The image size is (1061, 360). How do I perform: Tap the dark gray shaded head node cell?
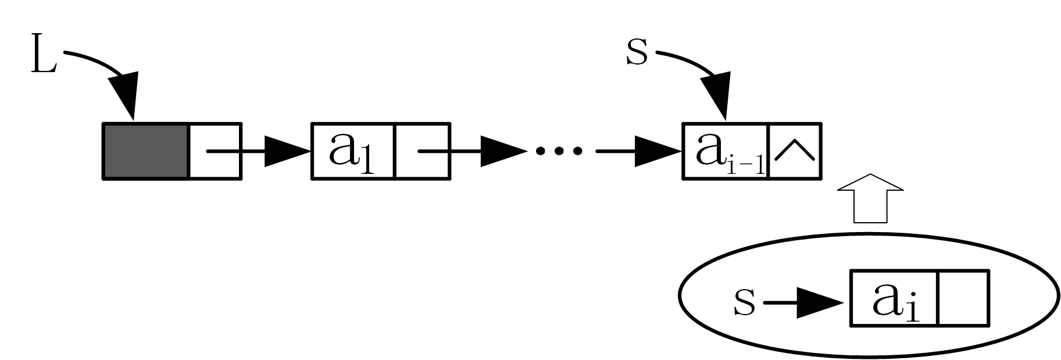pyautogui.click(x=146, y=151)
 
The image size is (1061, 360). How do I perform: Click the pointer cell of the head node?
pyautogui.click(x=215, y=151)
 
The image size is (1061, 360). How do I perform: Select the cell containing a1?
pyautogui.click(x=353, y=151)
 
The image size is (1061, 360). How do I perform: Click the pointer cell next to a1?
pyautogui.click(x=422, y=151)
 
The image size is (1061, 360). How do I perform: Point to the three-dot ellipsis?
pyautogui.click(x=559, y=151)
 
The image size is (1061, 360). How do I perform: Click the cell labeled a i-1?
pyautogui.click(x=725, y=151)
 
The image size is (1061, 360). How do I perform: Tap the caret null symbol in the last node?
pyautogui.click(x=795, y=151)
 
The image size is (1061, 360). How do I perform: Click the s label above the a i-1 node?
pyautogui.click(x=637, y=53)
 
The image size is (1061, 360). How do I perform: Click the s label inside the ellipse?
pyautogui.click(x=744, y=303)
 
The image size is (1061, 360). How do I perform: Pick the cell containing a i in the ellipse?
pyautogui.click(x=894, y=305)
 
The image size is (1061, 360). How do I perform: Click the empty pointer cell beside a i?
pyautogui.click(x=963, y=305)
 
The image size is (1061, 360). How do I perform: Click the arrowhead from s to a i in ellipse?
pyautogui.click(x=820, y=303)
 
